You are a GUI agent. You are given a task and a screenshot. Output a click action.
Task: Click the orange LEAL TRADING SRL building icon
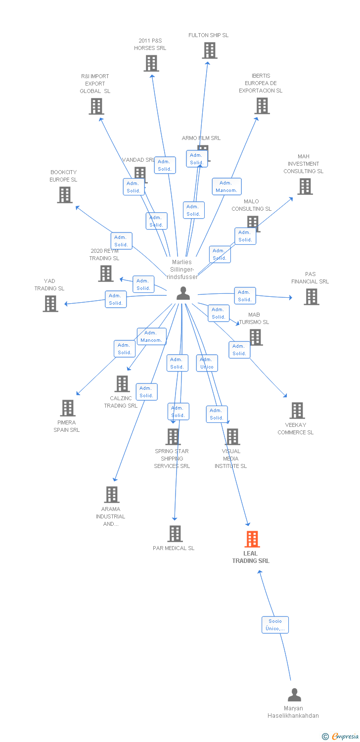pos(252,539)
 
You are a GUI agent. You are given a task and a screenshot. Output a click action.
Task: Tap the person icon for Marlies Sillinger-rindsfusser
pos(183,293)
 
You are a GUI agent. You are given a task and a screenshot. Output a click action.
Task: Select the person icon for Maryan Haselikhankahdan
pos(294,695)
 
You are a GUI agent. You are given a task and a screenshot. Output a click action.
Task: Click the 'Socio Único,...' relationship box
pos(275,625)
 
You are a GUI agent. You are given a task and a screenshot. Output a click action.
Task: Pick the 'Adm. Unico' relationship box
pos(207,363)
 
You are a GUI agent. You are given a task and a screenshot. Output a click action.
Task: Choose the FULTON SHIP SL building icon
pos(209,50)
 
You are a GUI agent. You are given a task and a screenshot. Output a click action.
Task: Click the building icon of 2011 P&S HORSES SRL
pos(151,63)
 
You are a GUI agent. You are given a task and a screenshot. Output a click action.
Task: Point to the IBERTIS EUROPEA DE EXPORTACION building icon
pos(262,106)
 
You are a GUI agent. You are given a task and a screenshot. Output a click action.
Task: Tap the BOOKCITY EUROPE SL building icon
pos(65,195)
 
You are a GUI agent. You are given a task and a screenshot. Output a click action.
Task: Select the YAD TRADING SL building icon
pos(50,304)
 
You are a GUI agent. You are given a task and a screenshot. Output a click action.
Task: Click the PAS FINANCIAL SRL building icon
pos(311,297)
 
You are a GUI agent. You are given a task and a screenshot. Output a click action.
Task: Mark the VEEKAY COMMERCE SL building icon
pos(297,411)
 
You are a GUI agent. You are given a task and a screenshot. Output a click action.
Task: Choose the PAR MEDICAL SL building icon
pos(175,534)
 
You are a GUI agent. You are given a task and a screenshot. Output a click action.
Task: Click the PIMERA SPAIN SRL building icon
pos(68,408)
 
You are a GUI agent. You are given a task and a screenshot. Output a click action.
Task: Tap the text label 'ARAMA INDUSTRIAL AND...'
pos(111,516)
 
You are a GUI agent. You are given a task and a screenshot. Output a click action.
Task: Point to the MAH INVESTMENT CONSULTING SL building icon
pos(305,186)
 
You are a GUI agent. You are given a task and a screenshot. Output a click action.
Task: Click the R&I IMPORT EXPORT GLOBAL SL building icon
pos(96,106)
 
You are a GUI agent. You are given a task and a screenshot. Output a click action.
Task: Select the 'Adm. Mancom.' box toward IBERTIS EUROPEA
pos(227,186)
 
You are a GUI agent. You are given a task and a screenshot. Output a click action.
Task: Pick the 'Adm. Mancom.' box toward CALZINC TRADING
pos(151,336)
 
